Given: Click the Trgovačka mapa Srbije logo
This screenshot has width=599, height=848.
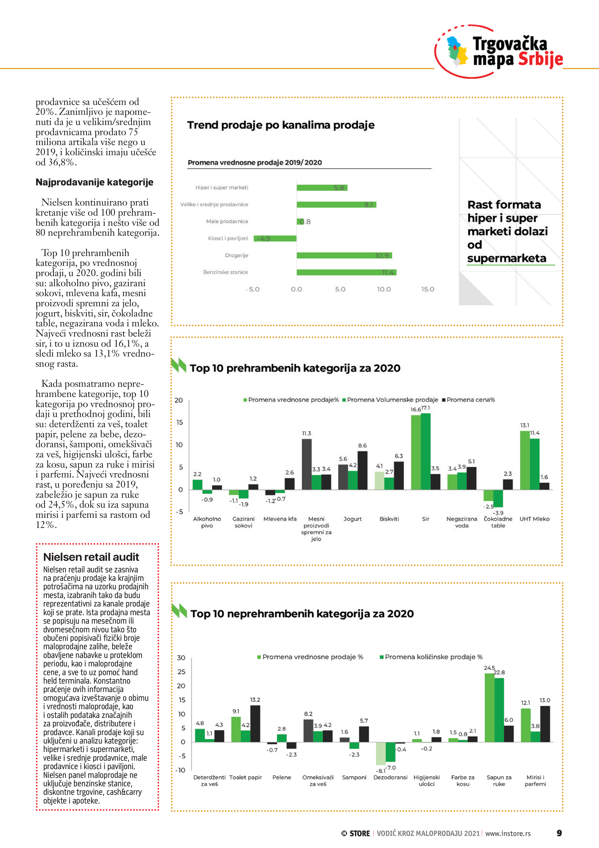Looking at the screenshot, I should point(499,52).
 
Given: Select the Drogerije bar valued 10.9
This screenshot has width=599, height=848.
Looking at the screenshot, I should point(344,255).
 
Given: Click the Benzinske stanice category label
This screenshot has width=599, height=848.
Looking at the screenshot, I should point(226,272).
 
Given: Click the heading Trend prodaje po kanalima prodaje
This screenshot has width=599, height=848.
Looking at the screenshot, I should point(280,125).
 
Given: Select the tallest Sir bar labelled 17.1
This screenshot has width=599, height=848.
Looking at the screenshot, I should point(426,451).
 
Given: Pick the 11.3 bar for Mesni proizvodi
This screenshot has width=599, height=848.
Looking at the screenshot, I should point(307,464).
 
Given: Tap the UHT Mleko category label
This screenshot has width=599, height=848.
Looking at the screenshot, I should point(535,519).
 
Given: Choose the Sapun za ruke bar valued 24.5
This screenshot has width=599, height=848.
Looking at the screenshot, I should point(489,707).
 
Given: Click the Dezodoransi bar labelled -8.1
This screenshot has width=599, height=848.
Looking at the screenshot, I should point(380,753).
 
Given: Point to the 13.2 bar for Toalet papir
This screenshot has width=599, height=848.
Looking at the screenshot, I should point(255,724).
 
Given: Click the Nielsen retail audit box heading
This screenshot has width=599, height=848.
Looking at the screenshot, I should point(91,557).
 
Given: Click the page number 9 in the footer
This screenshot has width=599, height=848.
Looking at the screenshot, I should point(559,833).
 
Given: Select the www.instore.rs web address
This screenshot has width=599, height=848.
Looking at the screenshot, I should point(508,833).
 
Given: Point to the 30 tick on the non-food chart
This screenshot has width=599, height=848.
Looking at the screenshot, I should point(181,658).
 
